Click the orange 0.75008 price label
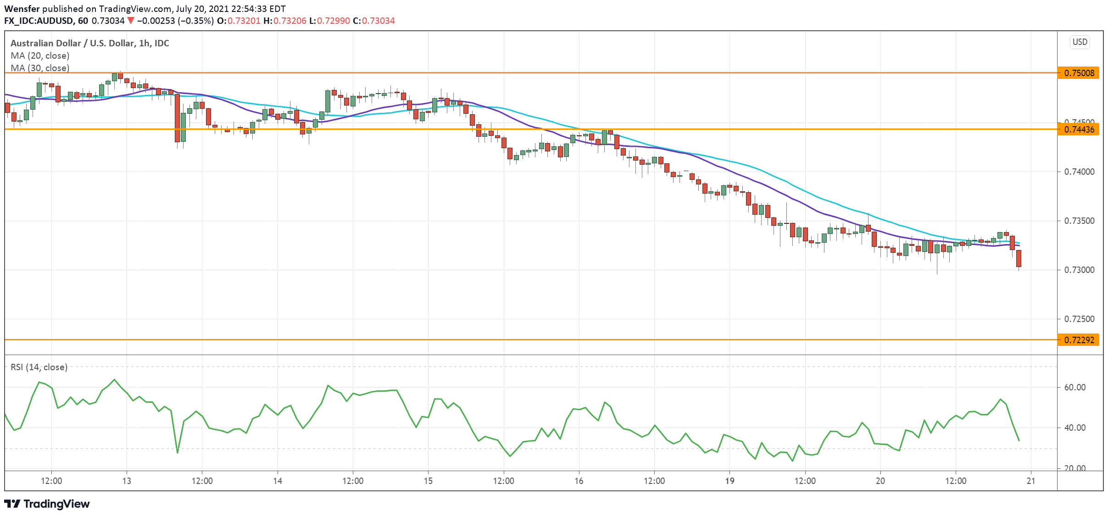[1078, 73]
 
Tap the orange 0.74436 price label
[1078, 129]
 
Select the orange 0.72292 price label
[1078, 340]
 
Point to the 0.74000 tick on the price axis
[1078, 172]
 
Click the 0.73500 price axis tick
[1078, 221]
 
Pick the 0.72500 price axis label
[1078, 319]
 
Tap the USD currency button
[1080, 42]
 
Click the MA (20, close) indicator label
[40, 56]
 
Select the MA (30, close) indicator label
[40, 68]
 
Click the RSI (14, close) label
[39, 367]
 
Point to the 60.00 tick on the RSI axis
[1075, 388]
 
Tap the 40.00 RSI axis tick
[1075, 428]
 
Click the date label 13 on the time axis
[127, 481]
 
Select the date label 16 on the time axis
[579, 481]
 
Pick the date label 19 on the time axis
[729, 481]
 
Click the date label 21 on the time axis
[1031, 481]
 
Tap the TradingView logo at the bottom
[47, 504]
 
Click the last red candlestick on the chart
[1019, 258]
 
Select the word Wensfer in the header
[22, 9]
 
